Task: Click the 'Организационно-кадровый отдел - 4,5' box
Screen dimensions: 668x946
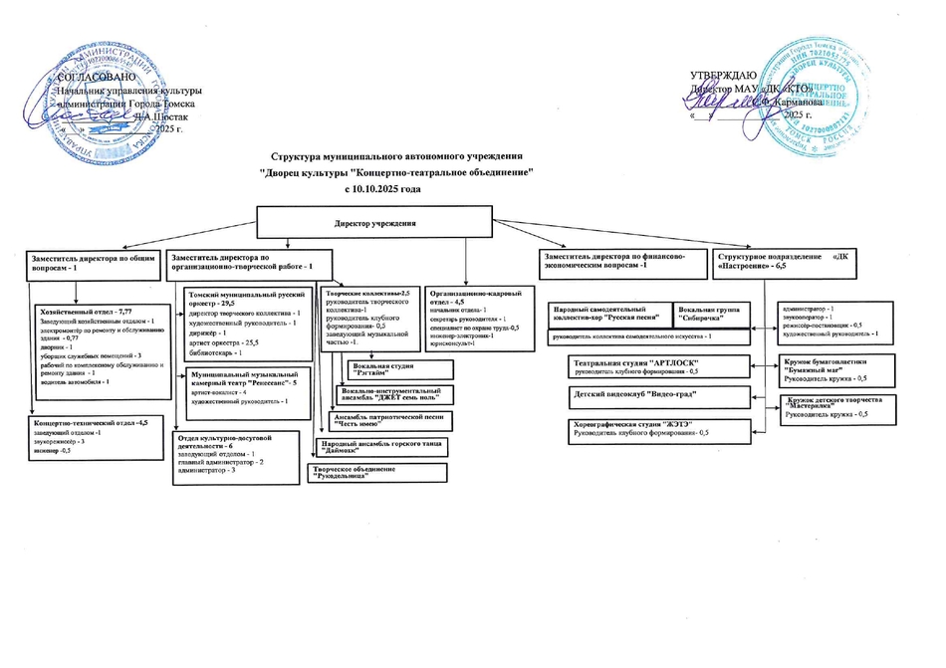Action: point(476,319)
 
